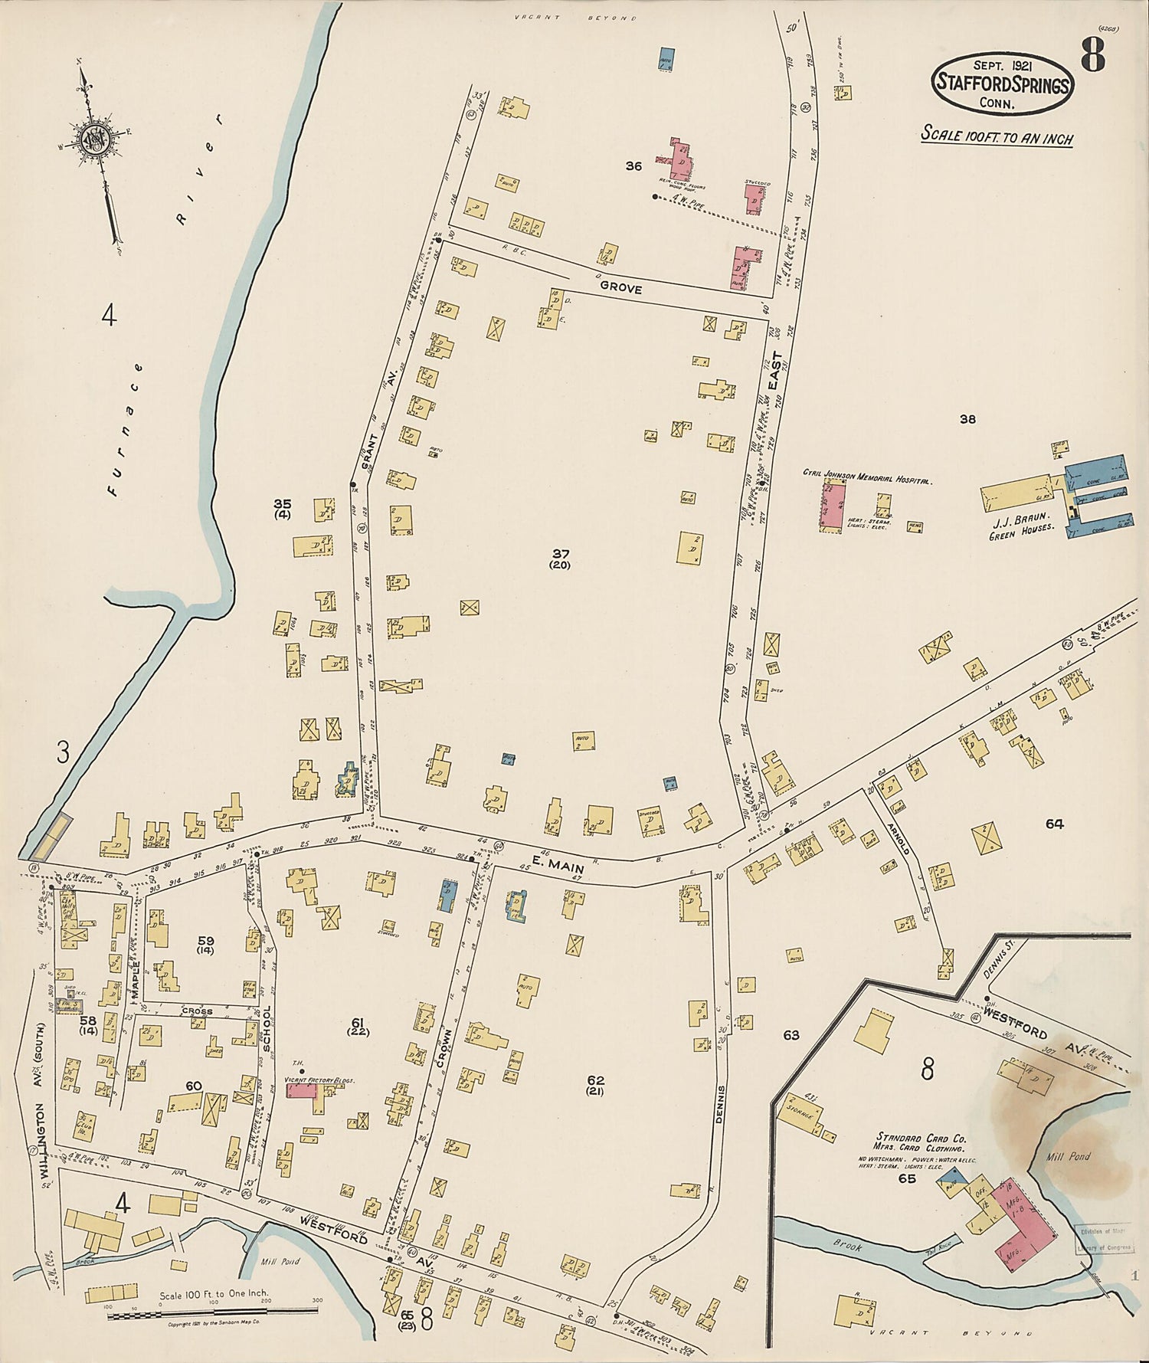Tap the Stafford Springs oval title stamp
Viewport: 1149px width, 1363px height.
1002,84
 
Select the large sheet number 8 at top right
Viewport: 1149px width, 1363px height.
1093,54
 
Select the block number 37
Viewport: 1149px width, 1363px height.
560,553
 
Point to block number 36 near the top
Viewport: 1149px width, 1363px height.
633,165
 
